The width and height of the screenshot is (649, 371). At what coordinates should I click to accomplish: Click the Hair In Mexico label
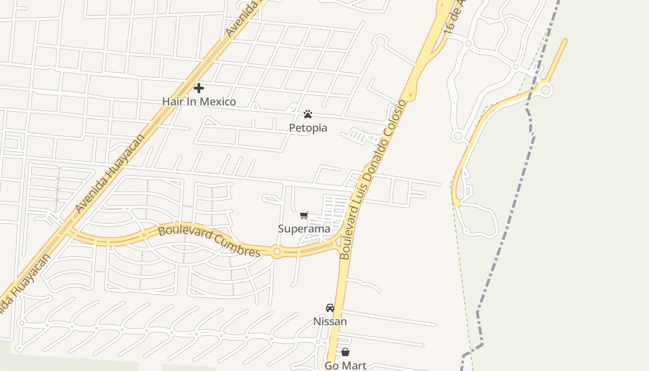point(199,102)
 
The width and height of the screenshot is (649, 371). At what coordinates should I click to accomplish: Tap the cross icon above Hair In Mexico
point(199,88)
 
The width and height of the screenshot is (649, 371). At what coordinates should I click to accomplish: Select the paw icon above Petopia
point(308,114)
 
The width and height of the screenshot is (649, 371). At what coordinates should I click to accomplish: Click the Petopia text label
point(308,128)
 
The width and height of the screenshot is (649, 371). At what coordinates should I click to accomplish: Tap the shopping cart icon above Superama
point(304,215)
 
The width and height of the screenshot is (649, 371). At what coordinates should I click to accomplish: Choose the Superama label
point(304,229)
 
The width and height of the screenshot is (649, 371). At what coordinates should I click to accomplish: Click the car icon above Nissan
point(330,308)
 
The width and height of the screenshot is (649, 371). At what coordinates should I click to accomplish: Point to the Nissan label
point(330,321)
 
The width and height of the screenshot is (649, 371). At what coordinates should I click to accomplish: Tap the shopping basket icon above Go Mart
point(345,352)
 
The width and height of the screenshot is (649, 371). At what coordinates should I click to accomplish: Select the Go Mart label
point(345,365)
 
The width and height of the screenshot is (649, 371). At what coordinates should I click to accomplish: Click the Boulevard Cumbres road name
point(210,240)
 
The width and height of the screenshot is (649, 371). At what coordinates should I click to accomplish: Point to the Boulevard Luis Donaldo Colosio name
point(373,179)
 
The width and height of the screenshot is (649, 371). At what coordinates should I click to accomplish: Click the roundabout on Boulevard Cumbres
point(277,251)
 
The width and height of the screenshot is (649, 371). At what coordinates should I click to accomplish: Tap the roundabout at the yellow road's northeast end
point(546,90)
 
